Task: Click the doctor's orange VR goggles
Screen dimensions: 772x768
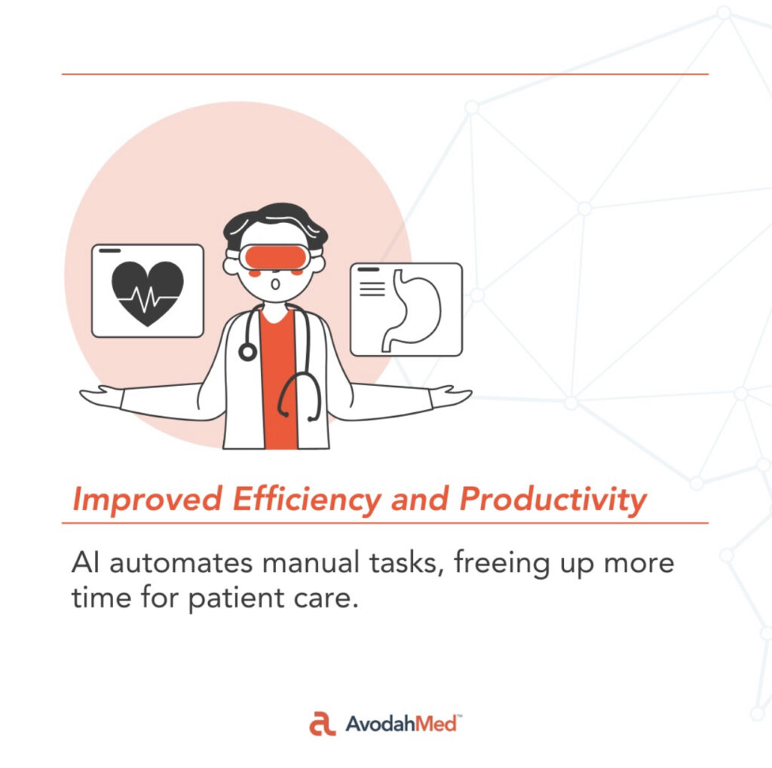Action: pyautogui.click(x=276, y=257)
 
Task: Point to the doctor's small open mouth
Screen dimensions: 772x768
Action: pyautogui.click(x=276, y=284)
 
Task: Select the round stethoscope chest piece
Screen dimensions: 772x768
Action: pyautogui.click(x=247, y=352)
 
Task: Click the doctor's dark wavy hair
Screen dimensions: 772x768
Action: pyautogui.click(x=274, y=224)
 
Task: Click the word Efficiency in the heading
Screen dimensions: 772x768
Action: pyautogui.click(x=306, y=499)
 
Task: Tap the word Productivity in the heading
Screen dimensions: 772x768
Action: pyautogui.click(x=553, y=499)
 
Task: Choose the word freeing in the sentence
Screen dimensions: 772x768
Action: pyautogui.click(x=501, y=564)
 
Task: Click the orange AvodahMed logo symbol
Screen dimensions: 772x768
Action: pyautogui.click(x=322, y=724)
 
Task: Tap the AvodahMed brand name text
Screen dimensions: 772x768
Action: pyautogui.click(x=402, y=724)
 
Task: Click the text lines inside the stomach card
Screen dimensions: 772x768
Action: pyautogui.click(x=372, y=289)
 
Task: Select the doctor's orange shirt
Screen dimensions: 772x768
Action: pyautogui.click(x=279, y=379)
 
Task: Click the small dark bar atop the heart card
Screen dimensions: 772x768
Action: pyautogui.click(x=109, y=250)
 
